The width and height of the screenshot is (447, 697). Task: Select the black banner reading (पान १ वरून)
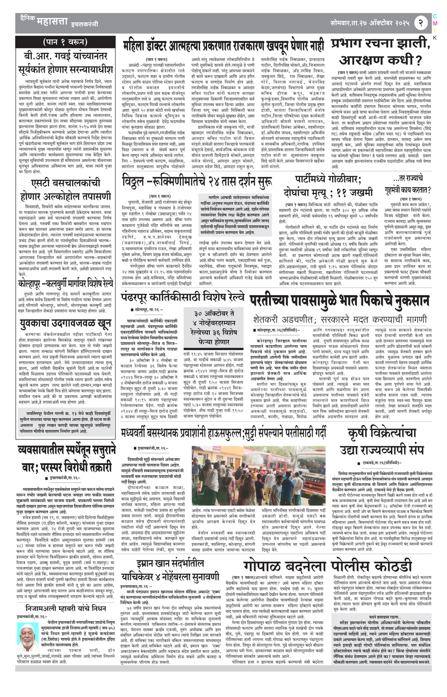[66, 42]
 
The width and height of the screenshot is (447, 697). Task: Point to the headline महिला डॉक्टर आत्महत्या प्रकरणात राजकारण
[223, 46]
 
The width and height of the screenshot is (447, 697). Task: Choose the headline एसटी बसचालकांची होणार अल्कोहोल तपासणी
[66, 190]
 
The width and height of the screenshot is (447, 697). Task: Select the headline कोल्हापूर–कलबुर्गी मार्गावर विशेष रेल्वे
[66, 285]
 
